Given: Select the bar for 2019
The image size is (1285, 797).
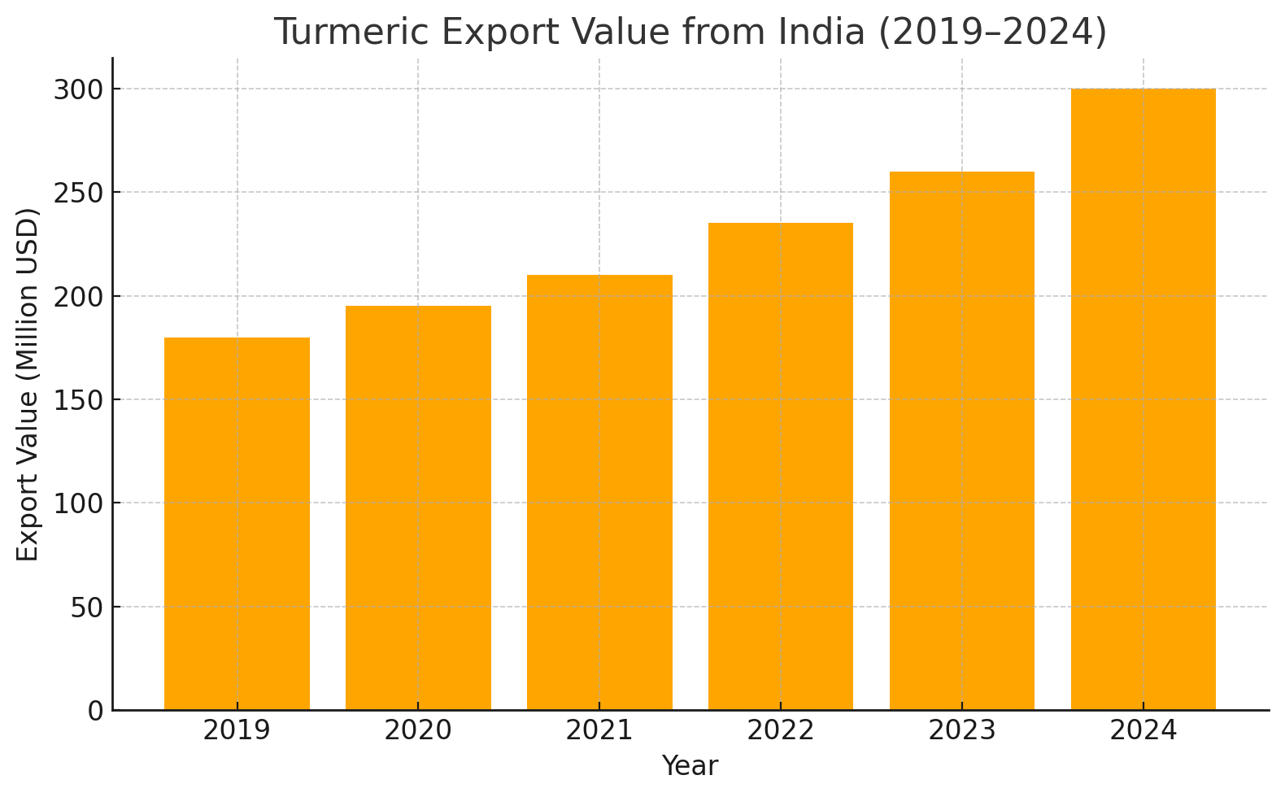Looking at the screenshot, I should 237,524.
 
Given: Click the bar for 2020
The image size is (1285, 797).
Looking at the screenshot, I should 418,507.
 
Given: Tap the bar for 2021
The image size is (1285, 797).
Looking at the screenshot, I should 599,492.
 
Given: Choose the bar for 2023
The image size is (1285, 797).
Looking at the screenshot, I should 962,440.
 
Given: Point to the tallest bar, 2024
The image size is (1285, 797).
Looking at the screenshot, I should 1143,398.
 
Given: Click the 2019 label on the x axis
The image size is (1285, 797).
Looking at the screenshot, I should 237,730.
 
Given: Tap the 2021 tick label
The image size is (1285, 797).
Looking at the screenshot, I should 599,730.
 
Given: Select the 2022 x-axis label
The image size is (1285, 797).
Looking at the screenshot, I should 781,730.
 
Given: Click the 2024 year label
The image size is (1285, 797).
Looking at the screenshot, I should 1143,730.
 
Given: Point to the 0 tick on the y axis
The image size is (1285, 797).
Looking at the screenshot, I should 96,711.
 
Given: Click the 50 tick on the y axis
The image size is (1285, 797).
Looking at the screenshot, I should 87,607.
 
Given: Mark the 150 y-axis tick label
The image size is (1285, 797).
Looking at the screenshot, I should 79,399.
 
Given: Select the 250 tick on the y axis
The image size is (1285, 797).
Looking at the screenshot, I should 79,193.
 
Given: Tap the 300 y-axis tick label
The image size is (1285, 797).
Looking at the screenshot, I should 79,89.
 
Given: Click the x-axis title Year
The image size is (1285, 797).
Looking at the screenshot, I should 690,766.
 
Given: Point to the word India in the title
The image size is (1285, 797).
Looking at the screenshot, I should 821,33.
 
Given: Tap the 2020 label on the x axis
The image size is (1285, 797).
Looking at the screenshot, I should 418,730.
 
